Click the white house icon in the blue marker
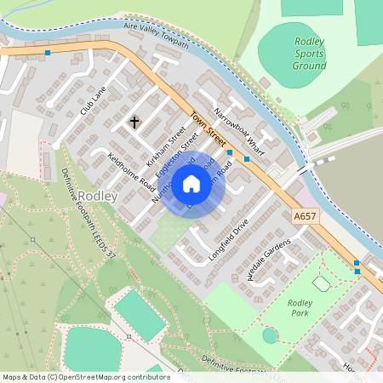click(191, 184)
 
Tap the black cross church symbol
click(134, 123)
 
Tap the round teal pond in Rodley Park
click(270, 335)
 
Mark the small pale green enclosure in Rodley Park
click(322, 283)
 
